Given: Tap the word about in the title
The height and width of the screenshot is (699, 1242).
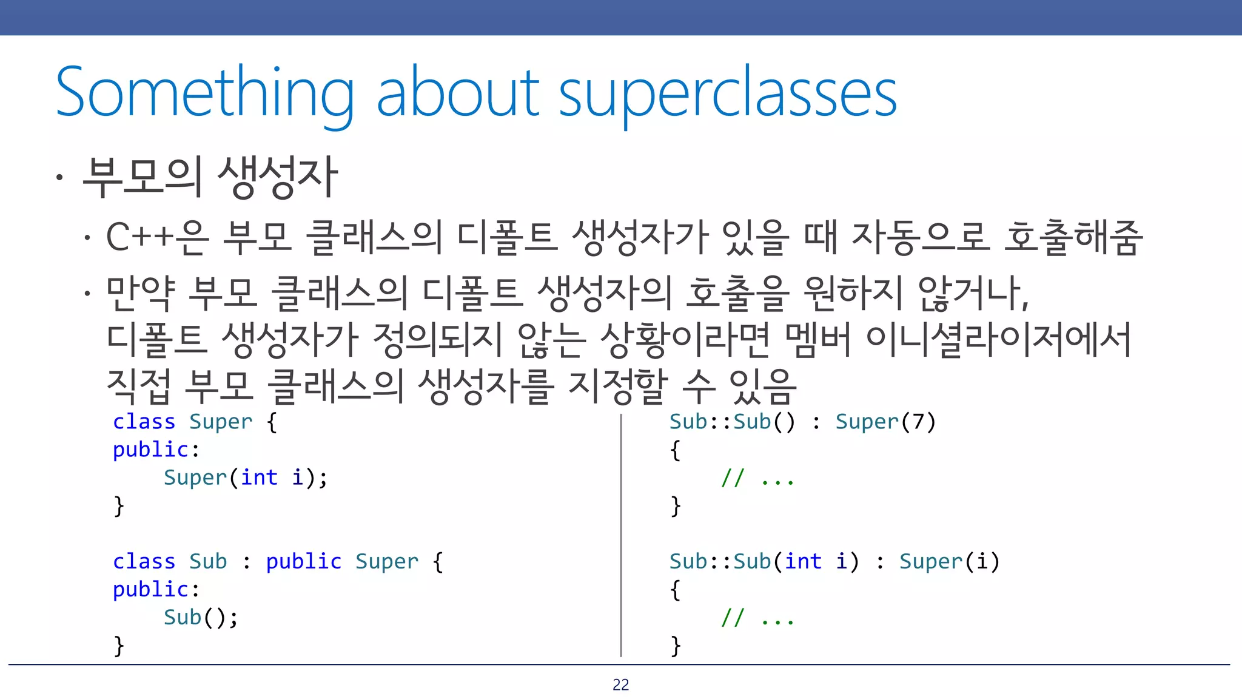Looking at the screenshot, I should pos(458,92).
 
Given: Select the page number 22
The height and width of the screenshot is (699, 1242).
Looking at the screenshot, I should pos(620,685).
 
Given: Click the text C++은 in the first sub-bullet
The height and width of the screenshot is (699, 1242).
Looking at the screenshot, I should pos(157,237).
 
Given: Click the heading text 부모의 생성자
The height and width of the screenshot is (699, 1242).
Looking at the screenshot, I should pos(209,177).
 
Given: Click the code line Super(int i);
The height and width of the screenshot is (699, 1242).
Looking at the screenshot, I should pos(246,478).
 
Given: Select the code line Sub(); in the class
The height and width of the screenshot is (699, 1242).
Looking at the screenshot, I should pos(201,618).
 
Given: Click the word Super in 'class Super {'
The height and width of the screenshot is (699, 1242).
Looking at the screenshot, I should pos(220,422).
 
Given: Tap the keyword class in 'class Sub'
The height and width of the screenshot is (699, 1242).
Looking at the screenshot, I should pos(144,561).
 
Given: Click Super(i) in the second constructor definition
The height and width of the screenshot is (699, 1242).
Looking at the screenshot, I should pos(949,561).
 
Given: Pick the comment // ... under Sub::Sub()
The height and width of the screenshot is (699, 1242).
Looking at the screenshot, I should pos(757,479).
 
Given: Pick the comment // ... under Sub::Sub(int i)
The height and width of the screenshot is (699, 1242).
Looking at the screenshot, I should pos(757,618).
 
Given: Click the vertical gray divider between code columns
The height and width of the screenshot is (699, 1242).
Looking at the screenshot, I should pos(621,534).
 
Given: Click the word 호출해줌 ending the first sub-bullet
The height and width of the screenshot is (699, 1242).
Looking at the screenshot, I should pos(1073,237).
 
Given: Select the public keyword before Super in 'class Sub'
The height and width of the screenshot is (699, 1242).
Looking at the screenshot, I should pos(303,561).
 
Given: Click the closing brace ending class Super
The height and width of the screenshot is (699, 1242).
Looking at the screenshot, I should pos(119,506).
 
